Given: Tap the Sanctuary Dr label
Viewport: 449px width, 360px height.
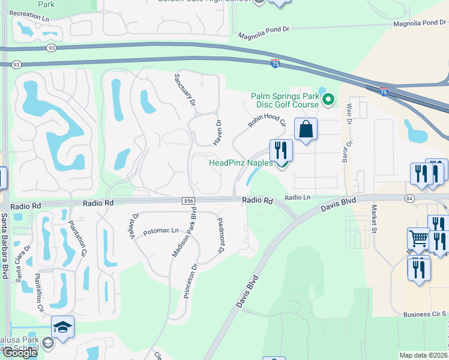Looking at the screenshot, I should click(x=185, y=90).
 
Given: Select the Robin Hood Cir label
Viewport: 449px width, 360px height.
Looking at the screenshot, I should click(x=267, y=115).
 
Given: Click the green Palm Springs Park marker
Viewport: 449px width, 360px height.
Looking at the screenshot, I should click(x=328, y=99).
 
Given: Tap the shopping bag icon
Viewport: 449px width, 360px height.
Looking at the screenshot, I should click(x=306, y=129).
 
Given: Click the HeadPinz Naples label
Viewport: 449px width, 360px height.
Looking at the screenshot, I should click(x=240, y=163).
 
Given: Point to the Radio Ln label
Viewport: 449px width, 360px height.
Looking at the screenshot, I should click(x=298, y=197).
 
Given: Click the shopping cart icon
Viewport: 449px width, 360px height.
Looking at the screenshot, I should click(x=418, y=239).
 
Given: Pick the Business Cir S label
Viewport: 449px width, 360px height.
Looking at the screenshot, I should click(x=425, y=314).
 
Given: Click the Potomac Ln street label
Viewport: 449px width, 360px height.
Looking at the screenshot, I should click(x=161, y=231).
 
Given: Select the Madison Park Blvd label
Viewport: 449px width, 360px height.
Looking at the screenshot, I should click(x=184, y=234).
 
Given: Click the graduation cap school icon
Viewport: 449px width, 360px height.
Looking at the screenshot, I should click(x=62, y=327).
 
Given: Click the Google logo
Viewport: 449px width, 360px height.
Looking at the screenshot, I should click(x=20, y=353).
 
